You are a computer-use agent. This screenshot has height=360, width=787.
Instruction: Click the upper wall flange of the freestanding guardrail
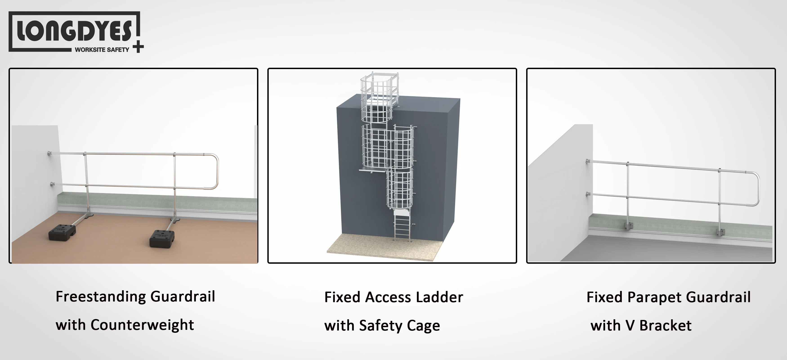[x=49, y=153]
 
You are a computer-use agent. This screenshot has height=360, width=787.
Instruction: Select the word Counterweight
[x=142, y=325]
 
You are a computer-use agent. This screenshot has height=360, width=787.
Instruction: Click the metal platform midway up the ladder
[x=372, y=169]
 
